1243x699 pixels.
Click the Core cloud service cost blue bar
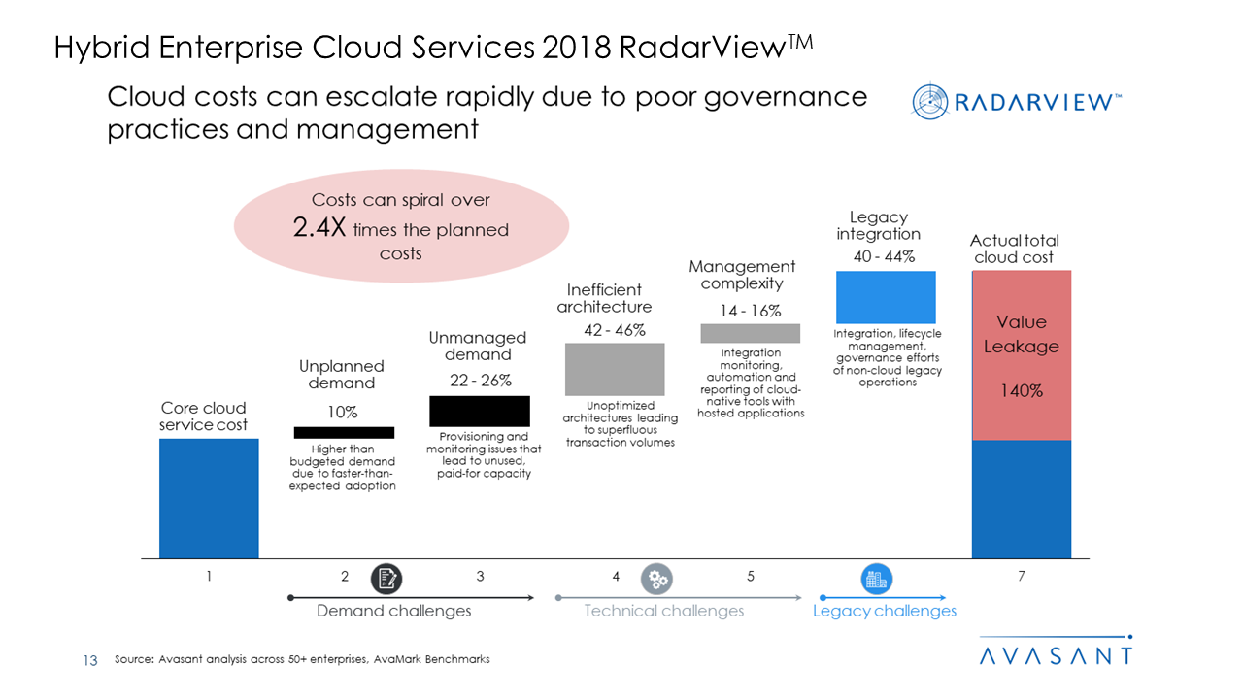tap(209, 498)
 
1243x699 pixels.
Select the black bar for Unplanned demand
tap(344, 432)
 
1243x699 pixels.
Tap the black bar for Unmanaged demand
tap(480, 411)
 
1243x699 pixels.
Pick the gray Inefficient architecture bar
tap(615, 369)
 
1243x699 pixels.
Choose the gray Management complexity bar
tap(750, 333)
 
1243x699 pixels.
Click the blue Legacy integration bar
tap(886, 297)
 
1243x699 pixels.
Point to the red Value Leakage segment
tap(1021, 355)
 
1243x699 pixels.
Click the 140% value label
tap(1022, 391)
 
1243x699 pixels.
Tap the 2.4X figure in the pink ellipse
tap(319, 229)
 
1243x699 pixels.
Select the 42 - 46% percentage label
tap(615, 330)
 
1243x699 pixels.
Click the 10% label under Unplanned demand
tap(342, 412)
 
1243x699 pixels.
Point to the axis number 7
tap(1022, 577)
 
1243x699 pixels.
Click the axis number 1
tap(209, 577)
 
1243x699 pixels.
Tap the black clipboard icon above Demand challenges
tap(386, 580)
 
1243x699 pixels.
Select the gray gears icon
tap(657, 580)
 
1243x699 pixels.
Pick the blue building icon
tap(877, 580)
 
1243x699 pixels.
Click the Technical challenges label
tap(664, 611)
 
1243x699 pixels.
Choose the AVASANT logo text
tap(1055, 655)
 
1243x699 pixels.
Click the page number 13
tap(90, 660)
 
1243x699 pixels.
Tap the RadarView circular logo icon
tap(930, 101)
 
